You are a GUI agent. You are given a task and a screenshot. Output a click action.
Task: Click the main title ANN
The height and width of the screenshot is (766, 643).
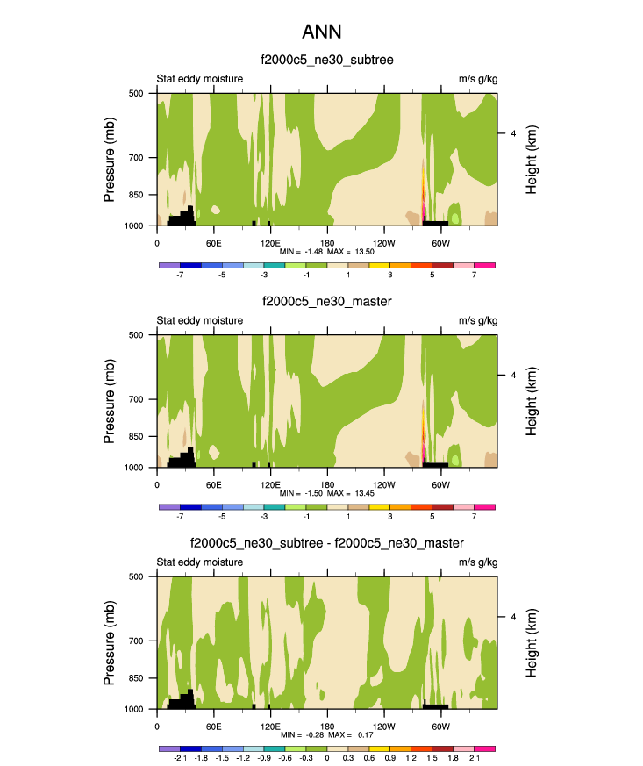(321, 32)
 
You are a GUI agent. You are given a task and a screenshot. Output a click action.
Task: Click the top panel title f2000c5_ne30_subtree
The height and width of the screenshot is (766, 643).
(327, 60)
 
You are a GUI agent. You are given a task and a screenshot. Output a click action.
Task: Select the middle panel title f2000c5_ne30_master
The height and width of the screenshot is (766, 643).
(327, 302)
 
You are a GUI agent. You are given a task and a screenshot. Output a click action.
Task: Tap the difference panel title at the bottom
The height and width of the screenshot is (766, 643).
(327, 544)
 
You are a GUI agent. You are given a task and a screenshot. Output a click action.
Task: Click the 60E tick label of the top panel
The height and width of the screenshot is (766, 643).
(213, 242)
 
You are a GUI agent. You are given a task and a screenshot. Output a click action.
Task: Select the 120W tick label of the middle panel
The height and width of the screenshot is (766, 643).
(383, 484)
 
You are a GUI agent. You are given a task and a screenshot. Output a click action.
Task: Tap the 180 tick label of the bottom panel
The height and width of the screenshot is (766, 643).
(326, 726)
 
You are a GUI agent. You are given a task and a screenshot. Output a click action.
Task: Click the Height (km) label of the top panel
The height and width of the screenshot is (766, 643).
(532, 160)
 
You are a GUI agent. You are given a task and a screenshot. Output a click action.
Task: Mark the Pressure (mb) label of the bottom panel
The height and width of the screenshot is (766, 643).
(110, 643)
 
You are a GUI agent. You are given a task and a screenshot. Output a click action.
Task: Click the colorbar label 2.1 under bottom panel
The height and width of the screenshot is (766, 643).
(474, 757)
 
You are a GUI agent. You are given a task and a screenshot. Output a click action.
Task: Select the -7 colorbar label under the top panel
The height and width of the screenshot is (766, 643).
(180, 274)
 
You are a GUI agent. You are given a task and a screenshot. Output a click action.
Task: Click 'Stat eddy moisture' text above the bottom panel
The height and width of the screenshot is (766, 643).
(199, 562)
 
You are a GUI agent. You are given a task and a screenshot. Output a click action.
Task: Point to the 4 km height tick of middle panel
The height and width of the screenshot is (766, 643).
(512, 376)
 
